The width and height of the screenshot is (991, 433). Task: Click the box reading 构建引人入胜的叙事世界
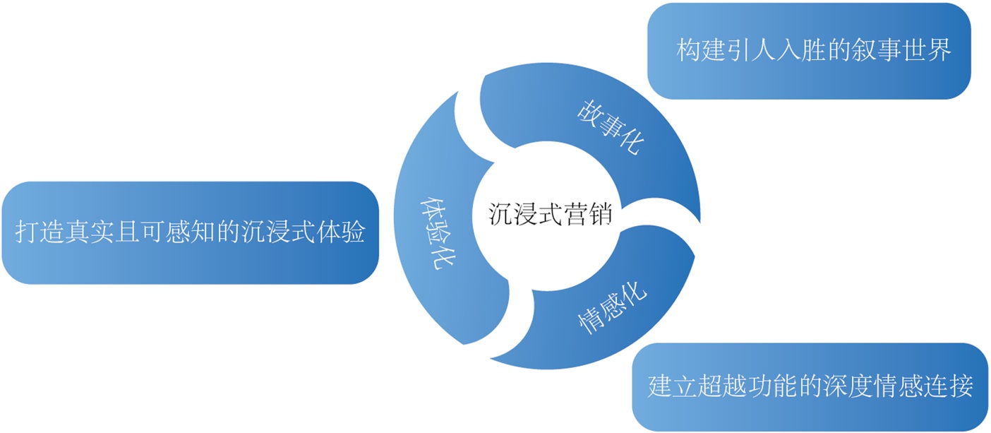[x=809, y=51]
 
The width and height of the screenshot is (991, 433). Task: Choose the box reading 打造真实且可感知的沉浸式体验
[x=188, y=233]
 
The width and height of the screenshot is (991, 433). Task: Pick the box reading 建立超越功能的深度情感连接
[x=810, y=386]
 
